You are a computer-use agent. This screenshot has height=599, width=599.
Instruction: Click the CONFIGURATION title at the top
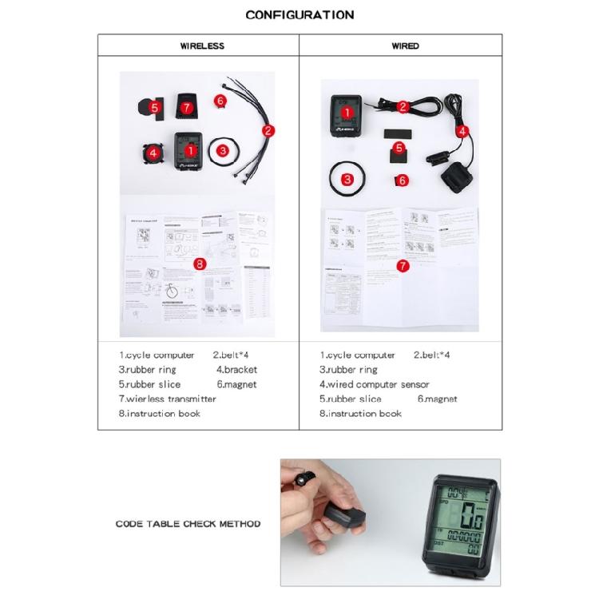(299, 14)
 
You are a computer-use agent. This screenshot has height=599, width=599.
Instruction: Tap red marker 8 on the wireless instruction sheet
(200, 263)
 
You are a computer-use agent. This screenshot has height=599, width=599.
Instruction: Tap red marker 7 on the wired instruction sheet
(403, 265)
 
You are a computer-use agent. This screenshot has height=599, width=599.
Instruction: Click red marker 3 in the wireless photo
(223, 149)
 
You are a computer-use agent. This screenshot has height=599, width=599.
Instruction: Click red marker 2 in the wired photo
(403, 106)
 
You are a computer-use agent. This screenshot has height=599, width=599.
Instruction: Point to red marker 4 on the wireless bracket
(152, 152)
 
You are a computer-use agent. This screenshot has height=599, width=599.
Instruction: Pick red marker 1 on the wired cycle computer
(347, 114)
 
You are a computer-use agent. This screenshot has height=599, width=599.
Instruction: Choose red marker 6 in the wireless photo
(220, 101)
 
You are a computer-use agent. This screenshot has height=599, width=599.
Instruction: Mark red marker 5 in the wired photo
(399, 148)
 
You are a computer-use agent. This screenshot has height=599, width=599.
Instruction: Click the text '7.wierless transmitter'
(168, 399)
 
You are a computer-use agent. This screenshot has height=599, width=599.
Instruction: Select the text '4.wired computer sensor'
(375, 384)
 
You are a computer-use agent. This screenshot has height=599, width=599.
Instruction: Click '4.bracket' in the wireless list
(236, 370)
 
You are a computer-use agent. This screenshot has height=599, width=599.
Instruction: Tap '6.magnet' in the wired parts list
(437, 399)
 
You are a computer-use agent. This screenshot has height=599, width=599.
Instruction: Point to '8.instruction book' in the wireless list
(160, 413)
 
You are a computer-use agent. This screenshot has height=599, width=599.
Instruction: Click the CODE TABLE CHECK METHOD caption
(188, 524)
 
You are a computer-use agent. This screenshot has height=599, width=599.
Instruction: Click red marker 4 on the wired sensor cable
(462, 130)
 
